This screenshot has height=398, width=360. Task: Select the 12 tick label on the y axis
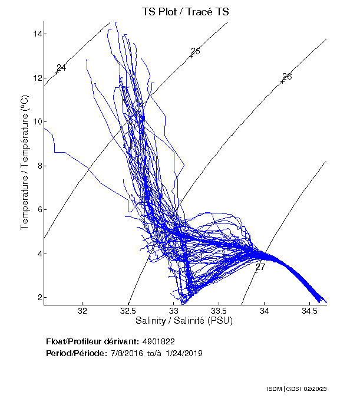tap(37, 77)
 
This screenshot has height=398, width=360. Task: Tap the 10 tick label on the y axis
tap(37, 121)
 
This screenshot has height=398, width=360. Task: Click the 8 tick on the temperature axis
tap(38, 166)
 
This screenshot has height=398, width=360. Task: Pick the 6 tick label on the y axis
tap(38, 209)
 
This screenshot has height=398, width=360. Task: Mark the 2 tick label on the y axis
tap(38, 297)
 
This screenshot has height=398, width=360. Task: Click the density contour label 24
tap(61, 68)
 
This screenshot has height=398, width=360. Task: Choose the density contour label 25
tap(196, 51)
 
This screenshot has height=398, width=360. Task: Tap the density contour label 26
tap(287, 77)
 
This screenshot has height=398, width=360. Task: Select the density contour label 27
tap(260, 267)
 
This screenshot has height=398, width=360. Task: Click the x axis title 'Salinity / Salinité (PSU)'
tap(184, 321)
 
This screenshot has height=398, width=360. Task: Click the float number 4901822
tap(158, 341)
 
